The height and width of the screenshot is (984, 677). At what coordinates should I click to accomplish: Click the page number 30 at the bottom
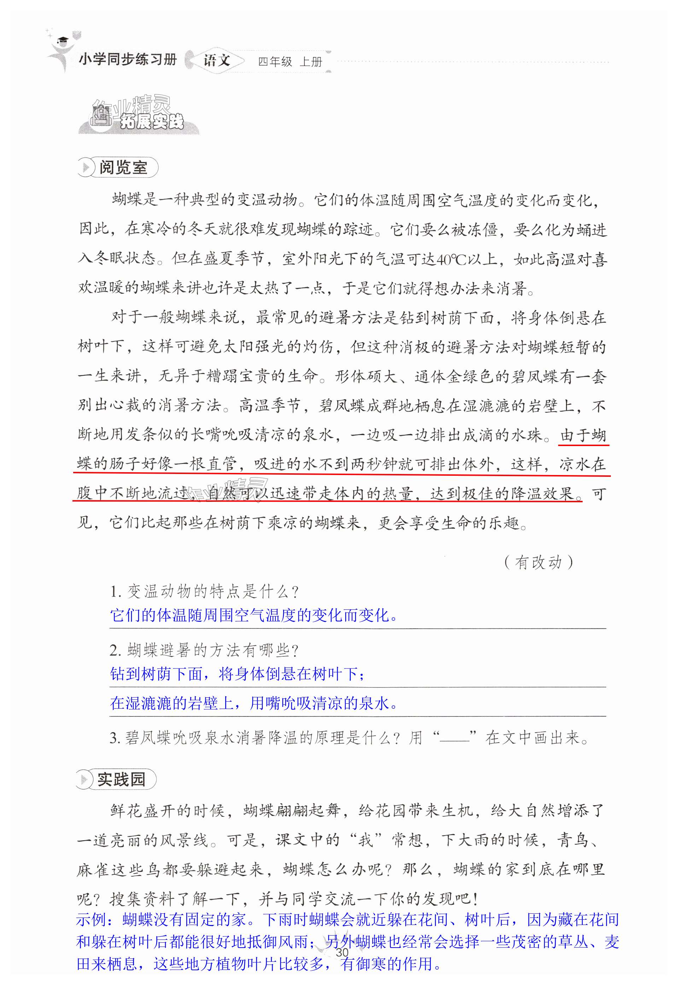[342, 952]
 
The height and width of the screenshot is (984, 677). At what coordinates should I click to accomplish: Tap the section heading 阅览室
[123, 168]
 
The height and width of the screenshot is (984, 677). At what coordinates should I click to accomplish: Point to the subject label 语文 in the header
[217, 60]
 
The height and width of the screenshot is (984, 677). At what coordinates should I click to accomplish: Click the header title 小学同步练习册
[127, 59]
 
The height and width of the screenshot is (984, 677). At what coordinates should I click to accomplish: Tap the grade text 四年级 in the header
[275, 62]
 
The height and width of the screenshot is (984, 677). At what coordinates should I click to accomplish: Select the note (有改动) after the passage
[539, 562]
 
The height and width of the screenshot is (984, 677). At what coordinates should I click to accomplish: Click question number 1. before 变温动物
[116, 592]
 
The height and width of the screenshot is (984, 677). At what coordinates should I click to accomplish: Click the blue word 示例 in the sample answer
[91, 920]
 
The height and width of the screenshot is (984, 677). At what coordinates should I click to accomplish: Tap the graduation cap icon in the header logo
[63, 40]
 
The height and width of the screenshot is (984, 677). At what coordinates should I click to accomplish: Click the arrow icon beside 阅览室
[86, 168]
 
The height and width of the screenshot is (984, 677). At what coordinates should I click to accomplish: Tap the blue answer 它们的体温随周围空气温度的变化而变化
[254, 615]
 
